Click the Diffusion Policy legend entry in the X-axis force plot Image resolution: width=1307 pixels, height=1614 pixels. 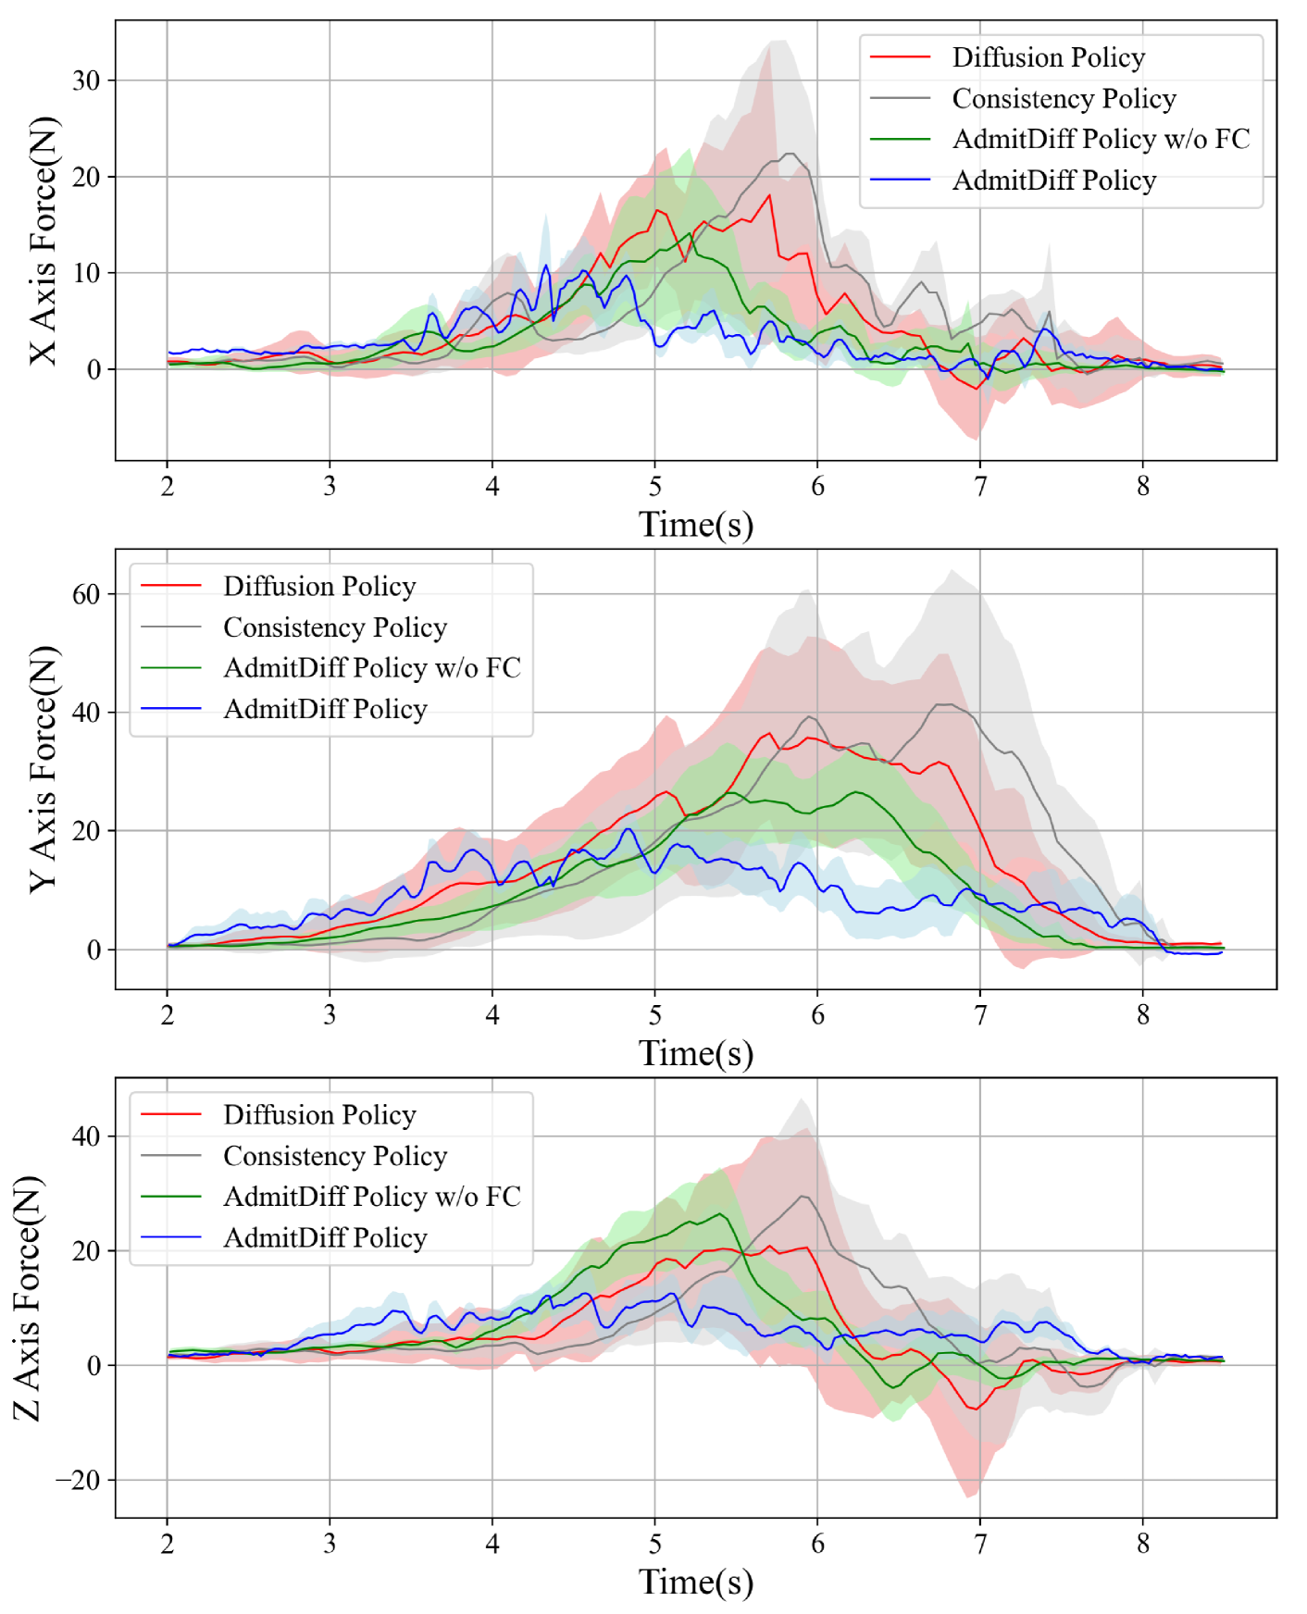click(1048, 57)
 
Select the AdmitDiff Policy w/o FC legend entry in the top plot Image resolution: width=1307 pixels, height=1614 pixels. click(1101, 139)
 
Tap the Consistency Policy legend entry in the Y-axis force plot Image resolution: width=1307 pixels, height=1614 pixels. click(335, 627)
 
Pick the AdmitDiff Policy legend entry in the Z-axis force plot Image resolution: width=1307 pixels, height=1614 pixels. click(325, 1237)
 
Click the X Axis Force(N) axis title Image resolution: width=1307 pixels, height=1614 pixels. click(43, 241)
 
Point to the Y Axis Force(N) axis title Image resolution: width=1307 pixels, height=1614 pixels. click(43, 769)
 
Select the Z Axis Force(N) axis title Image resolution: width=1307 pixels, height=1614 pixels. click(28, 1297)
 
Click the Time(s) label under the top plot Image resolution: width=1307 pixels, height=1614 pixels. click(696, 525)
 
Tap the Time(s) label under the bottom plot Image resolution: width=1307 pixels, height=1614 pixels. click(696, 1582)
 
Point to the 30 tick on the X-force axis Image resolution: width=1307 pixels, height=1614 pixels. click(86, 81)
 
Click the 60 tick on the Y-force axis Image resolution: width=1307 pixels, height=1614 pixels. click(86, 594)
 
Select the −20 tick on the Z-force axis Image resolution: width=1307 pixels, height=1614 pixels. click(78, 1480)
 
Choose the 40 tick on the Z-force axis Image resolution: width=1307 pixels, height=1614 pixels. click(86, 1136)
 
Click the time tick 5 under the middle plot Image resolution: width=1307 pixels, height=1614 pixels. click(655, 1015)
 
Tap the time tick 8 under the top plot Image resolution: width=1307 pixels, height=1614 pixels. click(1143, 486)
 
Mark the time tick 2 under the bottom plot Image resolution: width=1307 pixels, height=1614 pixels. click(168, 1544)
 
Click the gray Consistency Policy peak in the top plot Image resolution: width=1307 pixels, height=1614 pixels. click(790, 154)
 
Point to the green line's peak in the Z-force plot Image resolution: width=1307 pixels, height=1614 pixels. click(719, 1214)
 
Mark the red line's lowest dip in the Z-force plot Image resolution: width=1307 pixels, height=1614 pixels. click(974, 1409)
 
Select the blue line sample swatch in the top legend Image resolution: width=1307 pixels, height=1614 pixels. click(900, 180)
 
